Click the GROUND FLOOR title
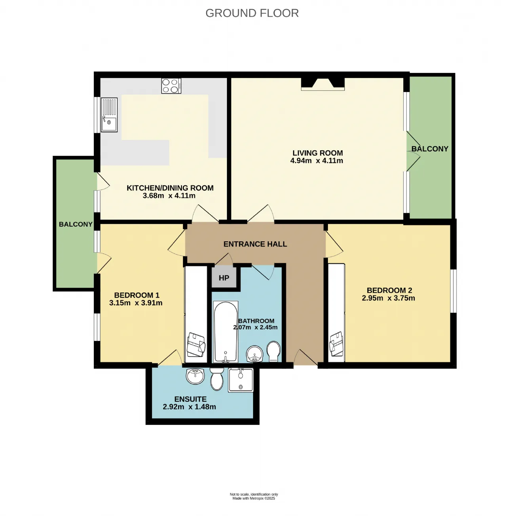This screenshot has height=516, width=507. click(x=252, y=13)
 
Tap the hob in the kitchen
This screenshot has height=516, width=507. click(x=171, y=86)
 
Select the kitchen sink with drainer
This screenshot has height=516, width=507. click(x=109, y=115)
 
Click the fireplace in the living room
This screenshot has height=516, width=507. click(x=322, y=84)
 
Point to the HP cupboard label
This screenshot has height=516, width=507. click(x=224, y=278)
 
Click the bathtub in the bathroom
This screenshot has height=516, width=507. click(x=225, y=332)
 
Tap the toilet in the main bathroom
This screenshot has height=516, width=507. click(x=274, y=351)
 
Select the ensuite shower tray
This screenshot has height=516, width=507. click(x=241, y=380)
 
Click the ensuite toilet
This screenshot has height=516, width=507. click(x=217, y=378)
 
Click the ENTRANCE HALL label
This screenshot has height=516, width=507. click(x=255, y=244)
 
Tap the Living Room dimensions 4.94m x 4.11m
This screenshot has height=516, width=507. click(x=316, y=161)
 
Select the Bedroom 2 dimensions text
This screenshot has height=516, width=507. click(x=389, y=298)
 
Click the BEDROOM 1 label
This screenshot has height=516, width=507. click(x=137, y=295)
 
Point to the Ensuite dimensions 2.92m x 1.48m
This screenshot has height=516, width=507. click(x=189, y=407)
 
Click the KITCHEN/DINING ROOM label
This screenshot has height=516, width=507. click(x=170, y=188)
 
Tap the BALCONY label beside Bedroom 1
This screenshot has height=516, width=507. click(x=76, y=224)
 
